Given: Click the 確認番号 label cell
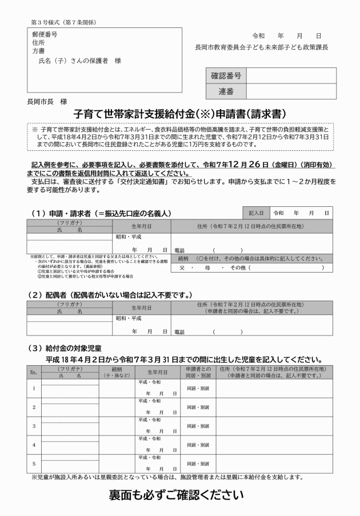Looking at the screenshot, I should [226, 76].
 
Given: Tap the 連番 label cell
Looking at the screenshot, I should [226, 91].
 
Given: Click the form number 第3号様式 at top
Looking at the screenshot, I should [63, 22].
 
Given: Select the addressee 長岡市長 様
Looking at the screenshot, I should [46, 101].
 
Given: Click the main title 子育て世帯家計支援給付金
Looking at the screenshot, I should [179, 113].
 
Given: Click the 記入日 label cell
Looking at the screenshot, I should [255, 212].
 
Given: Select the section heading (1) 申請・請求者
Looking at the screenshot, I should [101, 213].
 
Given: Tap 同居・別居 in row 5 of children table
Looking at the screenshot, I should [198, 463].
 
